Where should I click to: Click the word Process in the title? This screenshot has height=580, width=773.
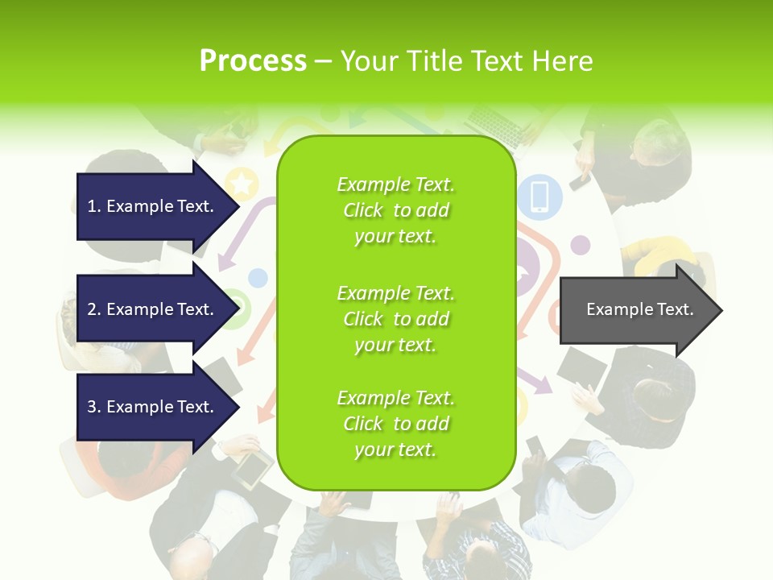[253, 61]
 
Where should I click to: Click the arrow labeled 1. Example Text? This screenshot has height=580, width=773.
[153, 206]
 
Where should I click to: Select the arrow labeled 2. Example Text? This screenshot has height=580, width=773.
[153, 309]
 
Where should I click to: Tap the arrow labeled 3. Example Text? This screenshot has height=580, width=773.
[153, 407]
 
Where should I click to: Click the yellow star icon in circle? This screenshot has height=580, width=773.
[242, 184]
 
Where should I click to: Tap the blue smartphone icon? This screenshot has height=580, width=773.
[539, 196]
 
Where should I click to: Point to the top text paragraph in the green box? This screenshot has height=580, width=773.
[395, 210]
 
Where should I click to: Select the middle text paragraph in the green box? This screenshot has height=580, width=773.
[395, 319]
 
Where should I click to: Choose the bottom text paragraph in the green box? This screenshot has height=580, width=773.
[395, 424]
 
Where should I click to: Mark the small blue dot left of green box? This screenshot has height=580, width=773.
[258, 279]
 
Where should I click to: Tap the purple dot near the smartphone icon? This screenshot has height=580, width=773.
[581, 245]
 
